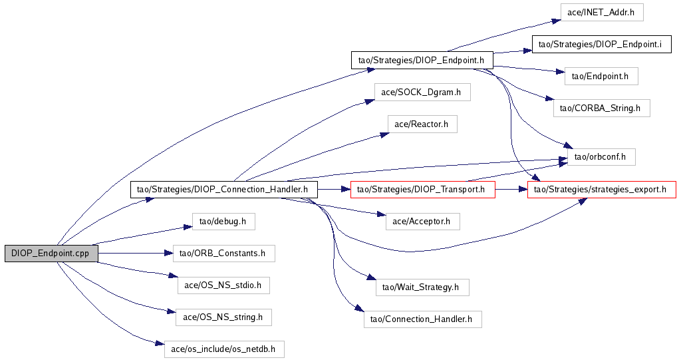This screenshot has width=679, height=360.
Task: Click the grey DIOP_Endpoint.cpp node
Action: [51, 254]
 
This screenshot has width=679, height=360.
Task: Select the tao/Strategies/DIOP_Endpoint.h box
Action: [422, 60]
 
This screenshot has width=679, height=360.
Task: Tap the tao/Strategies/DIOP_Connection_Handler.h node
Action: [224, 190]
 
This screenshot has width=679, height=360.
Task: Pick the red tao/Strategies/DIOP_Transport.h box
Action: [422, 190]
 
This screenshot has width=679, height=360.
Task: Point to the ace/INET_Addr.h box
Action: [601, 12]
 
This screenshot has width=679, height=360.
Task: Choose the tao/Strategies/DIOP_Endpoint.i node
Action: [601, 44]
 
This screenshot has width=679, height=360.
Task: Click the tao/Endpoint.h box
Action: [601, 77]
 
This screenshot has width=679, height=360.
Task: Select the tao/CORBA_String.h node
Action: [601, 108]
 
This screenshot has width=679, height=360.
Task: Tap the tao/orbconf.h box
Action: [601, 157]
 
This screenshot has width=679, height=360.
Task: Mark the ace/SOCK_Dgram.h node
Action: [422, 92]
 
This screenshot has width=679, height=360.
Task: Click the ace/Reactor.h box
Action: [422, 124]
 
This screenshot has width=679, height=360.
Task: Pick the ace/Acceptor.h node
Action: [422, 222]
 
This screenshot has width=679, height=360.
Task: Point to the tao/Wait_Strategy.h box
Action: [422, 287]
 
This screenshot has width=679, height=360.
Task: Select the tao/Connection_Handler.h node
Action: [422, 319]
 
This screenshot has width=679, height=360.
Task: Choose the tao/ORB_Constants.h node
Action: [224, 254]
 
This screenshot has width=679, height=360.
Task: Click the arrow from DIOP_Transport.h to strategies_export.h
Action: [511, 190]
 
